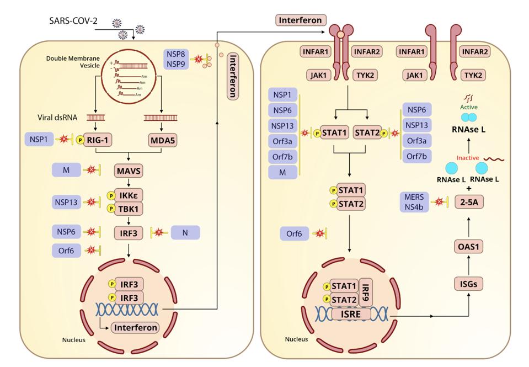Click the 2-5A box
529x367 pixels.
468,203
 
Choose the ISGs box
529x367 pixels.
468,284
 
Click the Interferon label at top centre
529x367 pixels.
300,20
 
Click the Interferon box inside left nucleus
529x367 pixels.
135,327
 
